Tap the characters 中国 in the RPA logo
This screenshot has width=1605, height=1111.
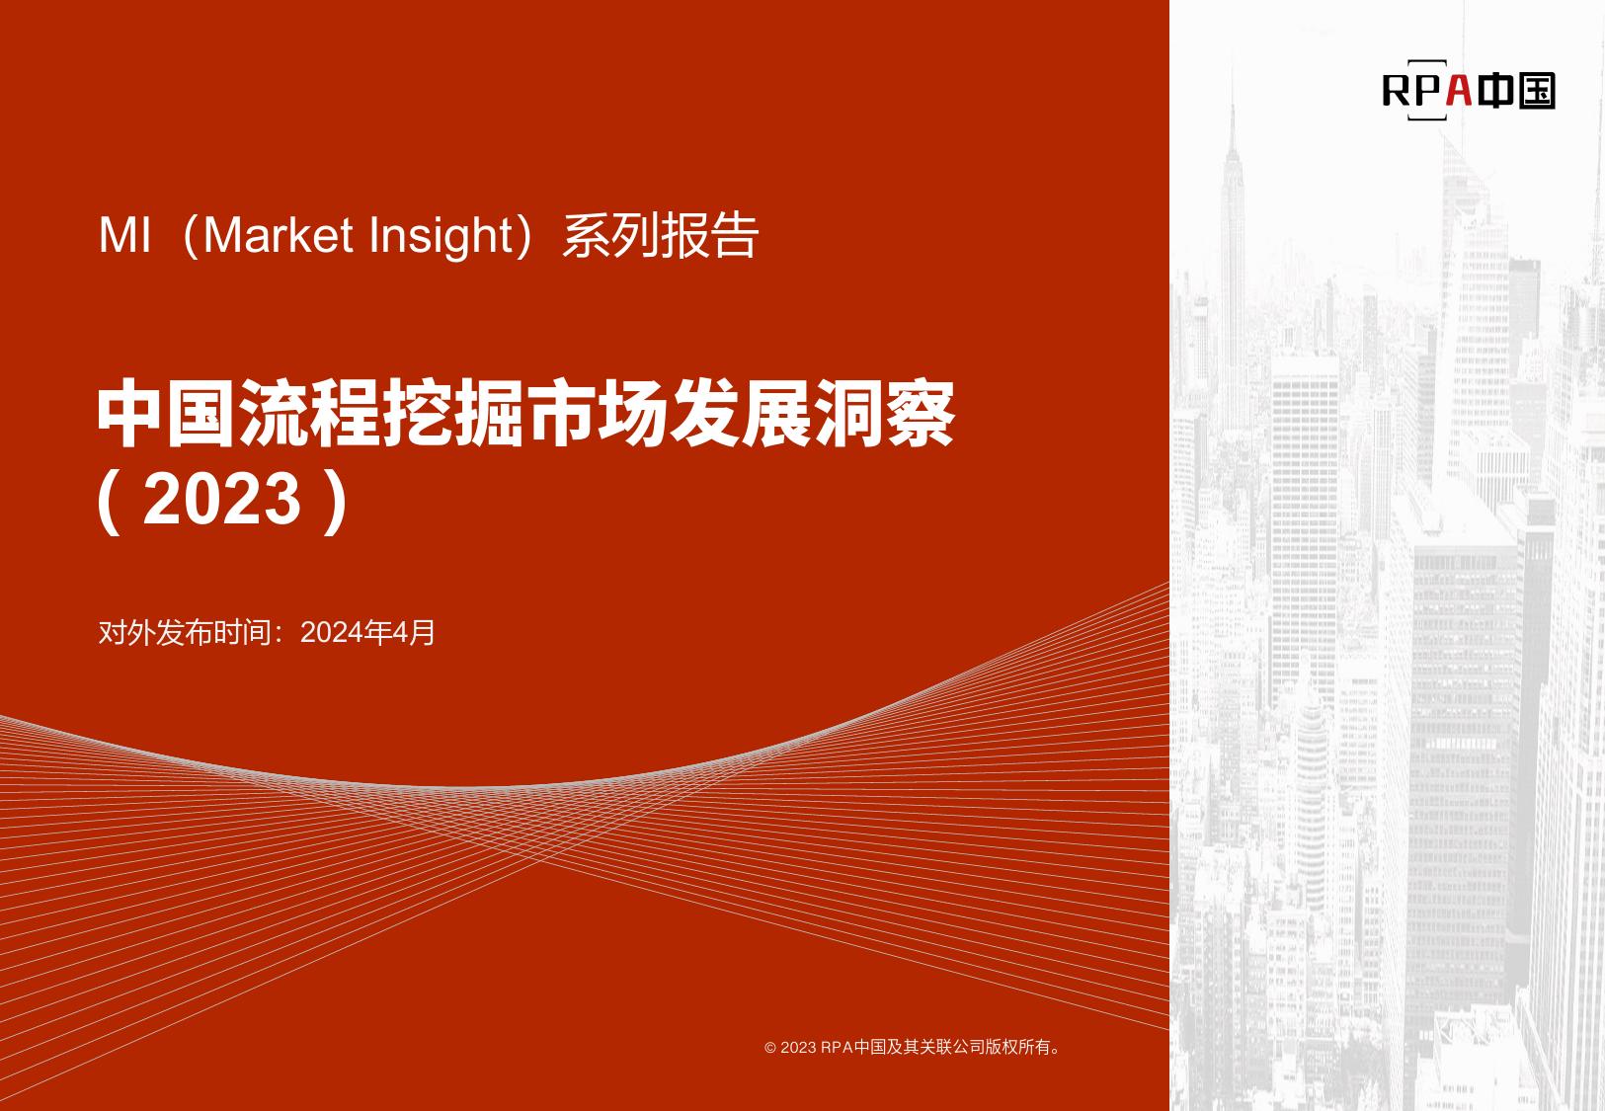tap(1516, 90)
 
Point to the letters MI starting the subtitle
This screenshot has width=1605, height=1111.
tap(125, 235)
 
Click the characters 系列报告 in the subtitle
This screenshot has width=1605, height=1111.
tap(661, 235)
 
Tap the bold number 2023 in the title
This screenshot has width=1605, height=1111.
tap(222, 499)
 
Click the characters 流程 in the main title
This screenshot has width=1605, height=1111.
tap(310, 414)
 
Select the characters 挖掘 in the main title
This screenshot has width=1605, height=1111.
tap(453, 414)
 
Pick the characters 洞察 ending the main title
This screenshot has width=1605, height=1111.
tap(884, 414)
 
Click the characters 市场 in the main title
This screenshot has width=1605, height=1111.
tap(597, 414)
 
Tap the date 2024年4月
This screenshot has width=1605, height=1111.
tap(367, 632)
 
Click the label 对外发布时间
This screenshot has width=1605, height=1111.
tap(184, 632)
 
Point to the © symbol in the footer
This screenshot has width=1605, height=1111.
tap(770, 1048)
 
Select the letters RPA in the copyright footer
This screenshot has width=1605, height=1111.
tap(837, 1047)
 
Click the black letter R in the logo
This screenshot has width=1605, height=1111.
tap(1396, 91)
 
